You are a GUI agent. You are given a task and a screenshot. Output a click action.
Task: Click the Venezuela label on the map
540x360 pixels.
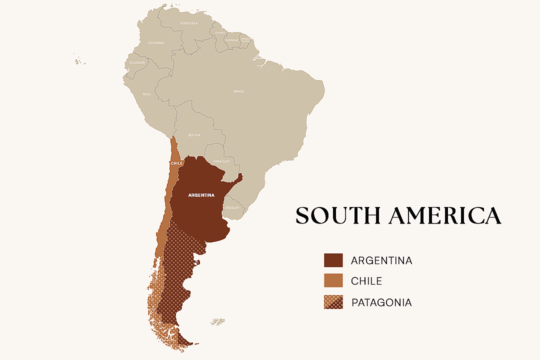189,23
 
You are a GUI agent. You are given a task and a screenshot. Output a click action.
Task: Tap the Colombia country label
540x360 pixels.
156,43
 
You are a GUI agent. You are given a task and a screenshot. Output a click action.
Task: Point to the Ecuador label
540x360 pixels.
137,62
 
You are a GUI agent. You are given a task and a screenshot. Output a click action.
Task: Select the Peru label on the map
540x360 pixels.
146,94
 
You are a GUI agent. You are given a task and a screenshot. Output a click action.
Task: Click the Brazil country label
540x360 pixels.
239,91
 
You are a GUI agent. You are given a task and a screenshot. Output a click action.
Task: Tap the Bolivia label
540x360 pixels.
194,135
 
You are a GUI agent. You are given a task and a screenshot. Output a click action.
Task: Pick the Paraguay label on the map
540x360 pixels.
221,161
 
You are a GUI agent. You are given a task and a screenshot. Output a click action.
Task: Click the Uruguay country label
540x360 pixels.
232,207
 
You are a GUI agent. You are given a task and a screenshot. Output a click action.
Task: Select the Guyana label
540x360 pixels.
220,33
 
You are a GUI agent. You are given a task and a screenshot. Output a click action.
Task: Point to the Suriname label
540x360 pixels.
231,40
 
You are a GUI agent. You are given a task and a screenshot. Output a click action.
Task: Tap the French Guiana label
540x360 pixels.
245,39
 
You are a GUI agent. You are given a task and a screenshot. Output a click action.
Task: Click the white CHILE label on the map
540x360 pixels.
176,163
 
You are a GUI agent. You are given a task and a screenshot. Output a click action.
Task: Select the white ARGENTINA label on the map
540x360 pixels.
201,195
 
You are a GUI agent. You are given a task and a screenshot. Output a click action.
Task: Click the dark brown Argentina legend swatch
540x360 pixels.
333,260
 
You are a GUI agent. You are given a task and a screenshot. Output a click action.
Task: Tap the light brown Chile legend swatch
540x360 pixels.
333,281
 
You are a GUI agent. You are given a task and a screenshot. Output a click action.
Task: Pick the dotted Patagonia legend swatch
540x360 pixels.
333,302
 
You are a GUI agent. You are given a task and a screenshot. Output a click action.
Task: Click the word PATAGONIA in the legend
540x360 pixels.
381,302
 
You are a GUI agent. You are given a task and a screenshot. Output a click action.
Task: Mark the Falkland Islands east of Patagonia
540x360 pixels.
218,321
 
